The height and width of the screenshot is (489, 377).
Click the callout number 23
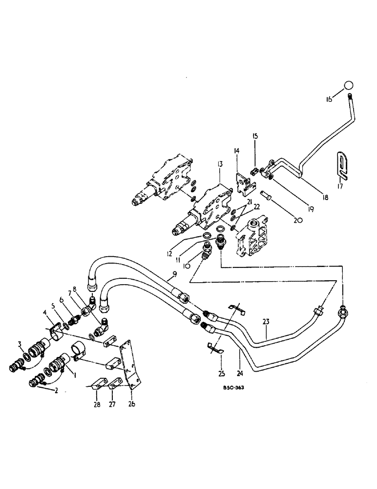tap(266, 321)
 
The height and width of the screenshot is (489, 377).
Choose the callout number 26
tap(132, 404)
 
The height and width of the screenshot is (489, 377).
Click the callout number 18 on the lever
tap(324, 198)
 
